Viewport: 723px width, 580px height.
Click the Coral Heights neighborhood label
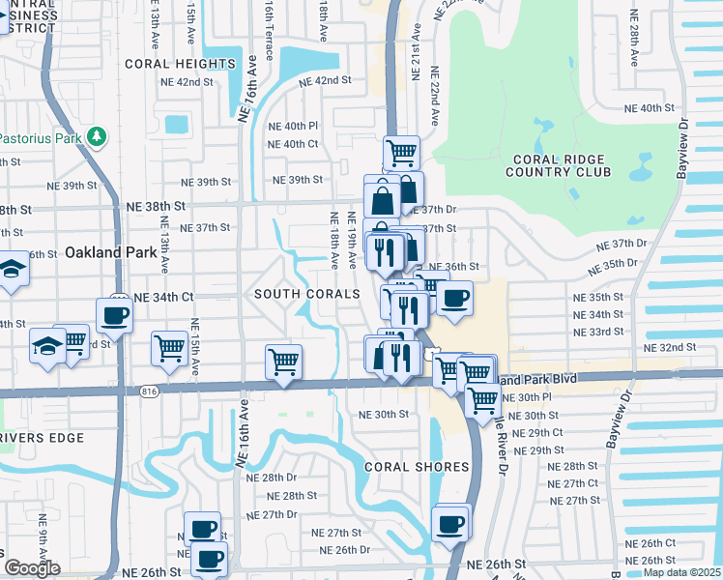(180, 64)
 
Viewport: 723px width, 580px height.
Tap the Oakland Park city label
(110, 252)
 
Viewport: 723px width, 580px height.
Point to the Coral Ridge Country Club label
(560, 165)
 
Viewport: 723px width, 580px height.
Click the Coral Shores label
(417, 467)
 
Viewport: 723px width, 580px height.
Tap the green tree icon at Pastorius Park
(95, 136)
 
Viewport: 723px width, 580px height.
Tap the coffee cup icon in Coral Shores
(450, 523)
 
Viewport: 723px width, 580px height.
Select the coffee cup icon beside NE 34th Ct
(114, 314)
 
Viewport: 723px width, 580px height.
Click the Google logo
(32, 567)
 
